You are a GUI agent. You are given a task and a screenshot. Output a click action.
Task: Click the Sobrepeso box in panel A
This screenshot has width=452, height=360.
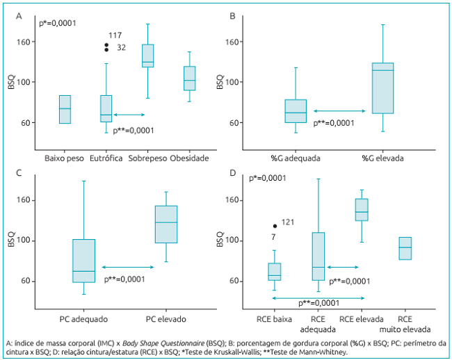click(x=147, y=56)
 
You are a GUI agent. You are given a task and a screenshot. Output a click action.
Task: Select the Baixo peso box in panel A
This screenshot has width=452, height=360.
click(x=65, y=109)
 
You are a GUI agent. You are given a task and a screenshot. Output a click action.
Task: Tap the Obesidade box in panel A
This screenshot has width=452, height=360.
click(x=189, y=79)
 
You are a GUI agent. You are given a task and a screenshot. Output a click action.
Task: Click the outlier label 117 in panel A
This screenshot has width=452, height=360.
click(x=115, y=35)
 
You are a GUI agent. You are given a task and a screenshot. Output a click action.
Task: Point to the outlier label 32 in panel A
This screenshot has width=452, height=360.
click(x=121, y=47)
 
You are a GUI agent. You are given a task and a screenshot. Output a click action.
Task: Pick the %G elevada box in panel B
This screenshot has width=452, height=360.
click(x=382, y=88)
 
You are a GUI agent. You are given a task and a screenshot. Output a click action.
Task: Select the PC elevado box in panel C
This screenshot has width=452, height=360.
click(x=166, y=224)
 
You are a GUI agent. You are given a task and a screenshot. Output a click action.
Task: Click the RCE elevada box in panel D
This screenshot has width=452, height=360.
click(x=362, y=210)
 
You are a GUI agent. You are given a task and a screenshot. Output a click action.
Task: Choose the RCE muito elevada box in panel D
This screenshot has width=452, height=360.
click(x=405, y=248)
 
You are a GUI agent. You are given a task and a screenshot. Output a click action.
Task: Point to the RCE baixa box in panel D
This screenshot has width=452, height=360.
click(x=274, y=272)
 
